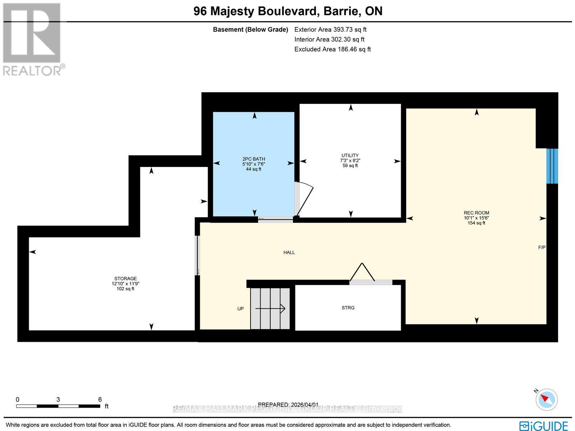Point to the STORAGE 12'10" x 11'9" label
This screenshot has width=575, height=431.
tap(125, 283)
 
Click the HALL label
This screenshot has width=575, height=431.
tap(289, 253)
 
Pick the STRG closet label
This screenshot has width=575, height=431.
tap(348, 308)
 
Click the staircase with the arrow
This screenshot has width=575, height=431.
tap(270, 308)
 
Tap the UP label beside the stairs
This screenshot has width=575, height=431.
tap(240, 309)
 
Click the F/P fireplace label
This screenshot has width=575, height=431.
tap(542, 248)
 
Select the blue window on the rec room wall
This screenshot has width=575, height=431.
tap(552, 166)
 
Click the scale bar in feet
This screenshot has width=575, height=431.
tap(58, 406)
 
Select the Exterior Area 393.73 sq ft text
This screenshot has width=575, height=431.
tap(330, 30)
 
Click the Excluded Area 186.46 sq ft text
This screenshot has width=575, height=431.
tap(332, 49)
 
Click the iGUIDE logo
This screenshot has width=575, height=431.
tap(543, 425)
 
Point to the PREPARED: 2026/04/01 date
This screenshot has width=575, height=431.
tap(288, 405)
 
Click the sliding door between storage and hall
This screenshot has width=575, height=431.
tap(197, 255)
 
